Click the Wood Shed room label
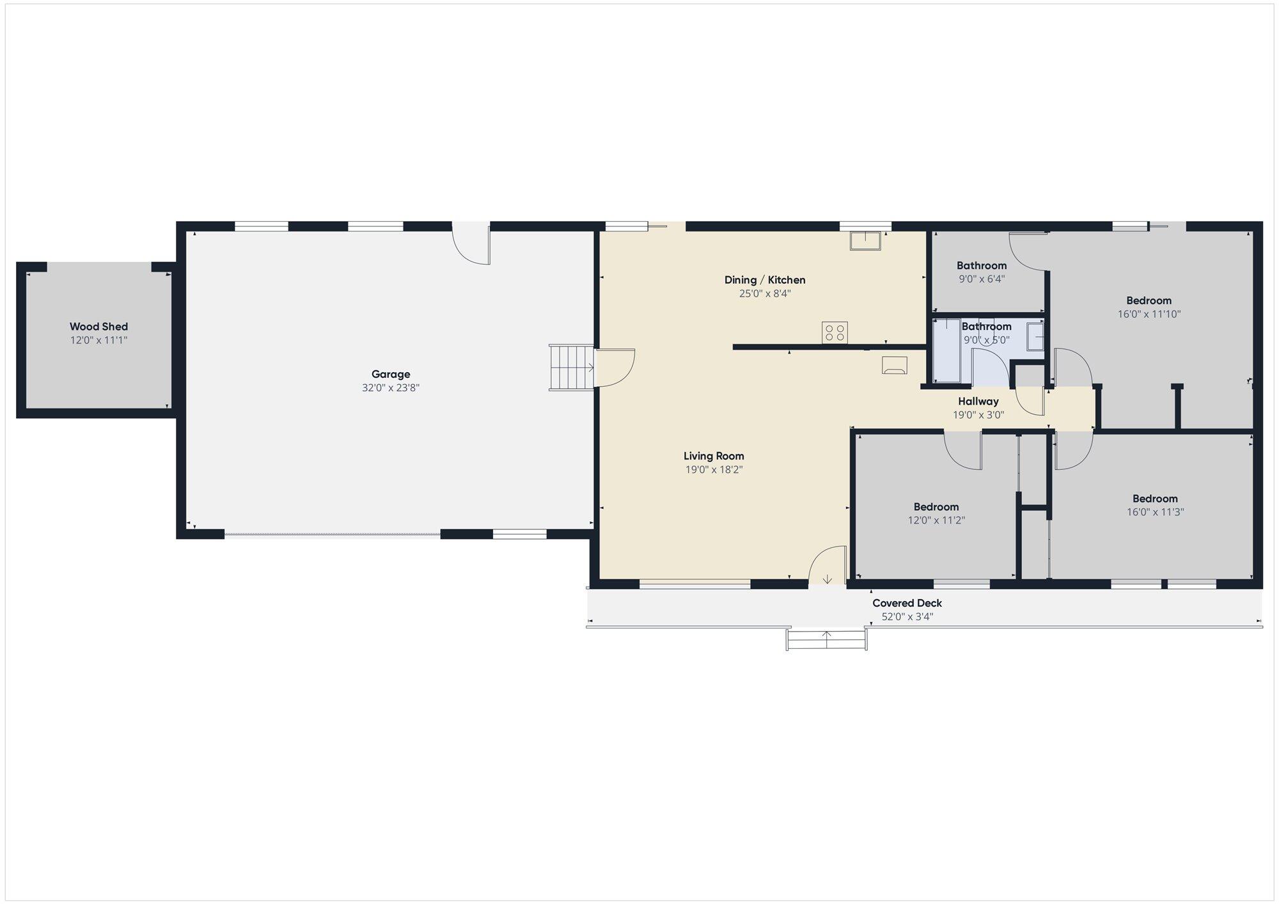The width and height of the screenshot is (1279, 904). click(x=98, y=327)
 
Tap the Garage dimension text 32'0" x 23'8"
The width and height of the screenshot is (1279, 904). click(x=391, y=387)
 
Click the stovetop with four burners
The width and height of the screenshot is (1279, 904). click(x=835, y=332)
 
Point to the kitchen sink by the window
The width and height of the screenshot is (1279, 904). click(x=865, y=241)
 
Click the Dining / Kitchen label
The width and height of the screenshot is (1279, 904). click(x=765, y=280)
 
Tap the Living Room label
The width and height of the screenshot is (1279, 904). click(x=714, y=456)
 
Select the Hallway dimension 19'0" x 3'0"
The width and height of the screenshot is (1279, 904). click(x=978, y=415)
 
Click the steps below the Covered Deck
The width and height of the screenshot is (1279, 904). click(x=826, y=639)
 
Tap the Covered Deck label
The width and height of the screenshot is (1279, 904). click(x=907, y=603)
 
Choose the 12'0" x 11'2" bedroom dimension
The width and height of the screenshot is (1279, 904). click(x=936, y=520)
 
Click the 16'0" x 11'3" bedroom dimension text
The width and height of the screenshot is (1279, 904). click(x=1155, y=512)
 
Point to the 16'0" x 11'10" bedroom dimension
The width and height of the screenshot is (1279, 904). click(x=1149, y=314)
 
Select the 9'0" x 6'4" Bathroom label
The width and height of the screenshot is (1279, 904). click(x=982, y=265)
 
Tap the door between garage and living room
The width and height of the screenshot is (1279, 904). click(x=615, y=368)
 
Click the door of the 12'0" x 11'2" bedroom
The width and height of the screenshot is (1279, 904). click(x=963, y=451)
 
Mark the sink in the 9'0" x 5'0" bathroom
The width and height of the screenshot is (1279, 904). click(x=1035, y=336)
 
